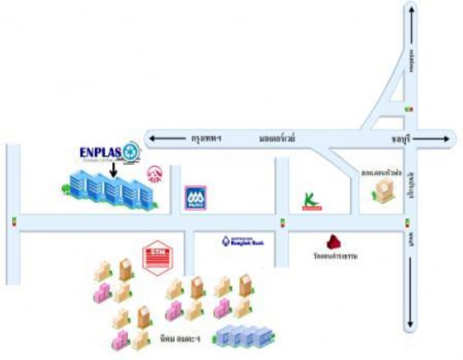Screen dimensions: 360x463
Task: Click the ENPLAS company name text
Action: coord(100,152)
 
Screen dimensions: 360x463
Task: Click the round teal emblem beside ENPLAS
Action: coord(131,152)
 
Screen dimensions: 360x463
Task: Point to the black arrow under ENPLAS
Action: coord(113,170)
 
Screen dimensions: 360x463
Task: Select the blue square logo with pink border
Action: coord(195,198)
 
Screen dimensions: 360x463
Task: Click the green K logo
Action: coord(311,202)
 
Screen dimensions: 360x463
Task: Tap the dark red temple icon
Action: coord(335,242)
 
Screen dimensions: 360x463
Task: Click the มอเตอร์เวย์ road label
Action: coord(276,138)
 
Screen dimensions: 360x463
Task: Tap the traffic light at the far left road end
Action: coord(14,222)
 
